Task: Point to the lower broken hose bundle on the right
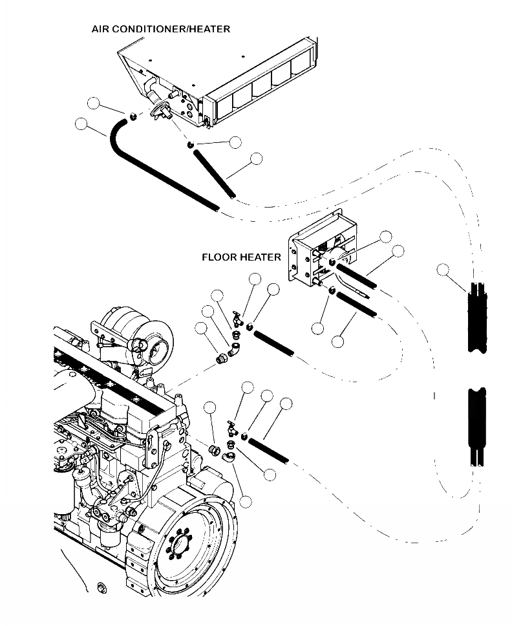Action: [x=479, y=427]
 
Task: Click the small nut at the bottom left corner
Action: [x=100, y=587]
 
